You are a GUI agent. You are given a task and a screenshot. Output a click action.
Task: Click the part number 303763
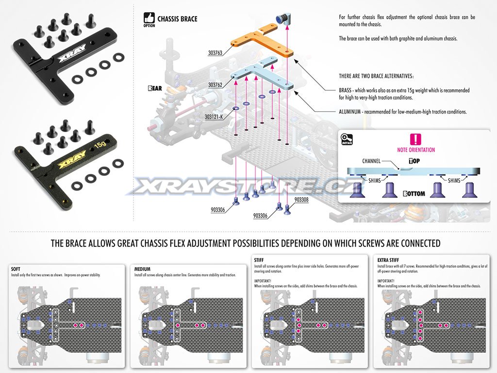click(x=215, y=53)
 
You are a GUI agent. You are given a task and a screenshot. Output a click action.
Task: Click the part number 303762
click(x=215, y=85)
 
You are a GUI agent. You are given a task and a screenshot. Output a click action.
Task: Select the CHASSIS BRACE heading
click(x=178, y=19)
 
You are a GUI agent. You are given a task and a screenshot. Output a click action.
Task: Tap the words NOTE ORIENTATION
click(x=416, y=150)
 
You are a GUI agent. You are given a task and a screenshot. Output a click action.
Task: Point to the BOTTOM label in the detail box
click(x=414, y=194)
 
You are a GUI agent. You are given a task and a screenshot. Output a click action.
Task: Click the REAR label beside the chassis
click(x=155, y=89)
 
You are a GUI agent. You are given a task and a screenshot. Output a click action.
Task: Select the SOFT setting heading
click(x=16, y=269)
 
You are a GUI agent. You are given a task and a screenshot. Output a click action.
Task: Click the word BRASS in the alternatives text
click(x=347, y=90)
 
